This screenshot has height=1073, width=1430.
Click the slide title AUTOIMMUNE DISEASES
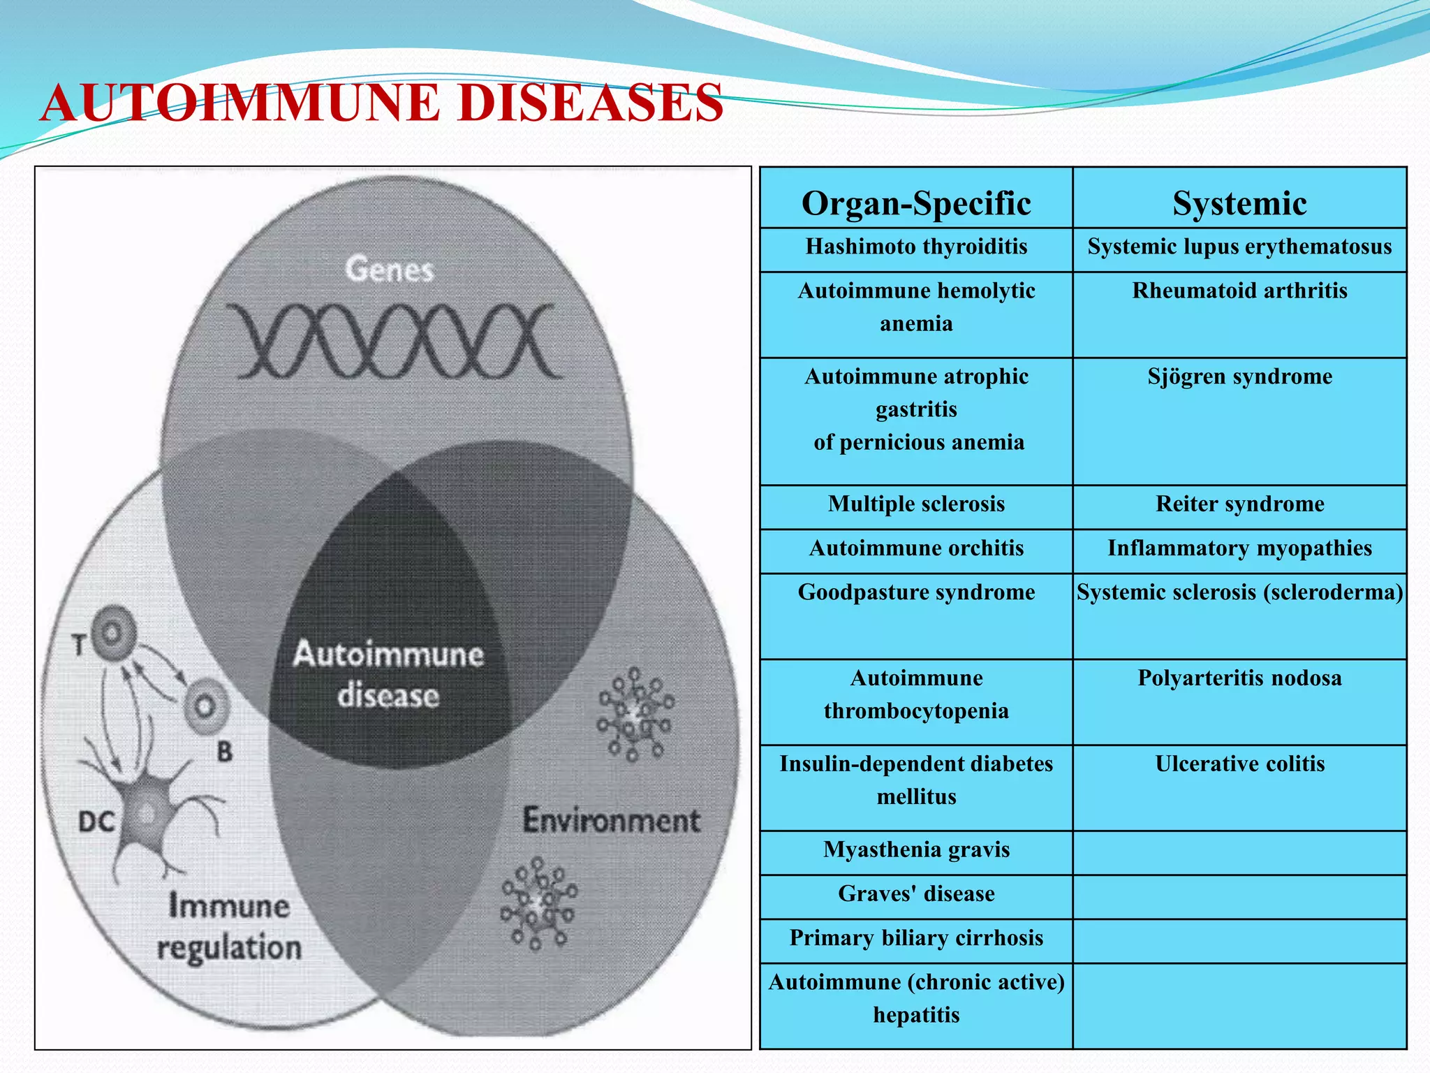pos(381,103)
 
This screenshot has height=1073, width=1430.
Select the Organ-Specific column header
pos(915,203)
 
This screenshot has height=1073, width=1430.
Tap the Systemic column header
pos(1239,203)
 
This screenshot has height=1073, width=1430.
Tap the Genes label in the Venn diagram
pos(389,270)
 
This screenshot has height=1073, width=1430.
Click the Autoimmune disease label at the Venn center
pos(388,675)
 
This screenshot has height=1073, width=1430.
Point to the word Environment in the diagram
pos(611,820)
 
